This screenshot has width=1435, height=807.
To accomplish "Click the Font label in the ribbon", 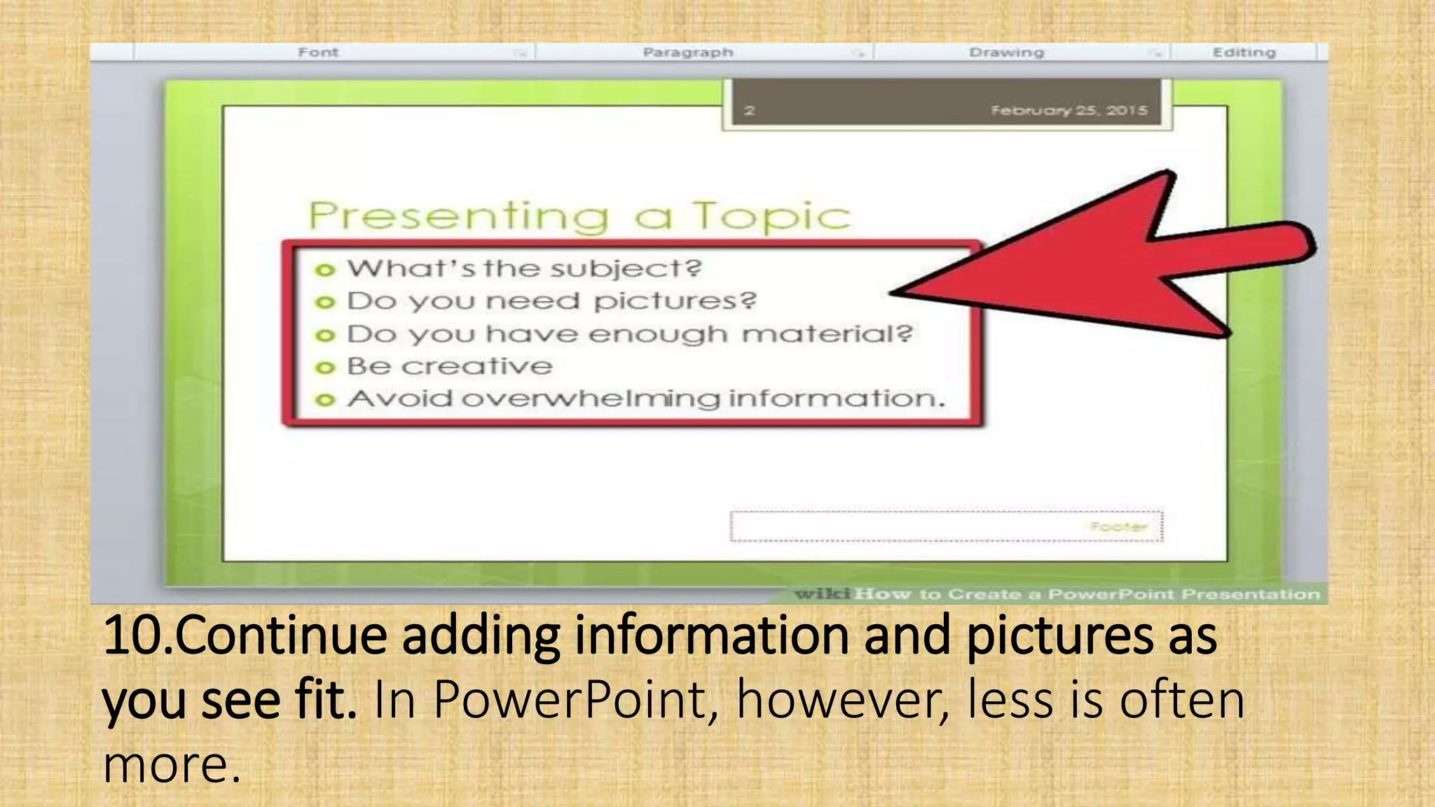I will pos(318,53).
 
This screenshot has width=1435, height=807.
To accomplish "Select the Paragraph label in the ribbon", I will pos(687,53).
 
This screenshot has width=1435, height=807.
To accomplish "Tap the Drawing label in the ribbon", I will pos(1006,53).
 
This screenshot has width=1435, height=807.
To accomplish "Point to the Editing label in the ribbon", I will pos(1244,53).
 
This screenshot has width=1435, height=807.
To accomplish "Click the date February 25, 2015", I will pos(1069,111).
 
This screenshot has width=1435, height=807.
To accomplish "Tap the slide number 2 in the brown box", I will pos(750,111).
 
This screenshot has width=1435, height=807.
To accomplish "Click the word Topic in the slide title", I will pos(771,216).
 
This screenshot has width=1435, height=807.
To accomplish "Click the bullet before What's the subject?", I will pos(324,270).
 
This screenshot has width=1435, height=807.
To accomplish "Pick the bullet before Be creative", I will pos(324,368).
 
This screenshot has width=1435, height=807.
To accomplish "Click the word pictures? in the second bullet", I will pos(675,301).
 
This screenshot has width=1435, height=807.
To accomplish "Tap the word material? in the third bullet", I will pos(828,334).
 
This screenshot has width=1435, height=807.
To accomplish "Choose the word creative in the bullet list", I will pos(477,366).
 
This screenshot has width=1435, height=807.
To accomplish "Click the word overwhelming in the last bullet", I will pos(591,399).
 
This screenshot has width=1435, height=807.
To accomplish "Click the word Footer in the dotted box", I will pos(1118,527).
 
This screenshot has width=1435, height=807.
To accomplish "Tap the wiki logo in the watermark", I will pos(823,595).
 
